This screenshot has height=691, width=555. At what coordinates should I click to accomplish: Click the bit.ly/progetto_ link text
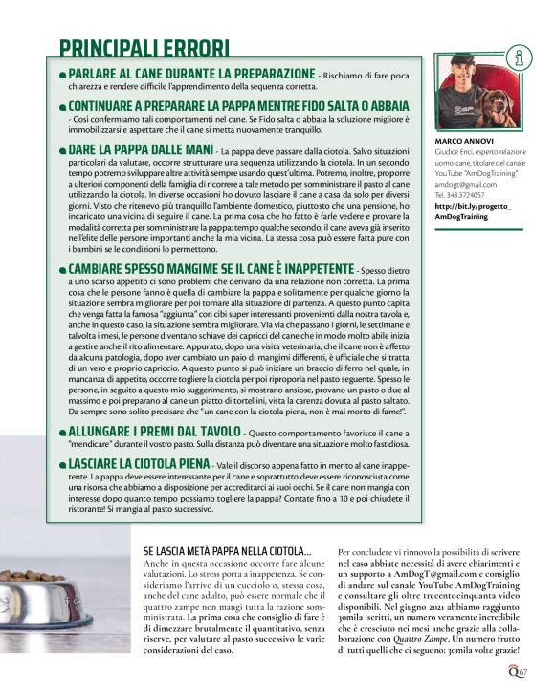pyautogui.click(x=474, y=206)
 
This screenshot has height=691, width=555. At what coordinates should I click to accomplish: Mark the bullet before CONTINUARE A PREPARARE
pyautogui.click(x=63, y=106)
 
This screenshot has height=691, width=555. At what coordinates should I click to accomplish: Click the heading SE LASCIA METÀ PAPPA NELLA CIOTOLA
pyautogui.click(x=227, y=552)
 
